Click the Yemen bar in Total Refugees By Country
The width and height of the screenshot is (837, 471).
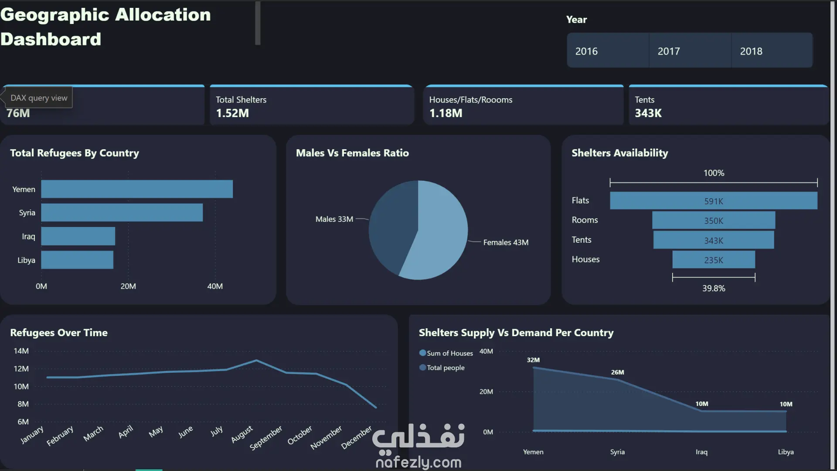tap(137, 189)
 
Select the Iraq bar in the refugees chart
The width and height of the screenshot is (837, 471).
tap(78, 236)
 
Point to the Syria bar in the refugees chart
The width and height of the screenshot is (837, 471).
tap(122, 213)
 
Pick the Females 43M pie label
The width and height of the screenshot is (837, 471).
tap(506, 242)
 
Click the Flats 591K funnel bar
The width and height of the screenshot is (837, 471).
tap(713, 201)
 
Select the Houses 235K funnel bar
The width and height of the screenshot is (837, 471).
tap(713, 260)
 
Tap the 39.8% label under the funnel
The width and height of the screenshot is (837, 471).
tap(713, 289)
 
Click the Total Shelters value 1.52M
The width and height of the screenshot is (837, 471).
tap(232, 113)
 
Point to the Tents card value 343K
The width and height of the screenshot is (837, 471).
tap(648, 113)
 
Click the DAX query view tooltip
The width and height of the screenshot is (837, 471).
tap(39, 98)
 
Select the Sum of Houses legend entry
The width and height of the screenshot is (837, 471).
tap(449, 353)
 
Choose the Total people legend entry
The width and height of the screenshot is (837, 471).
tap(445, 368)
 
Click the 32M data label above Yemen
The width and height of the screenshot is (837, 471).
tap(533, 360)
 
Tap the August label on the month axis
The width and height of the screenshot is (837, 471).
tap(242, 434)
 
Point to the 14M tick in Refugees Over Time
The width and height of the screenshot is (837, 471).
tap(21, 351)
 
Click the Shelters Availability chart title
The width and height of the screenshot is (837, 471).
tap(619, 153)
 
